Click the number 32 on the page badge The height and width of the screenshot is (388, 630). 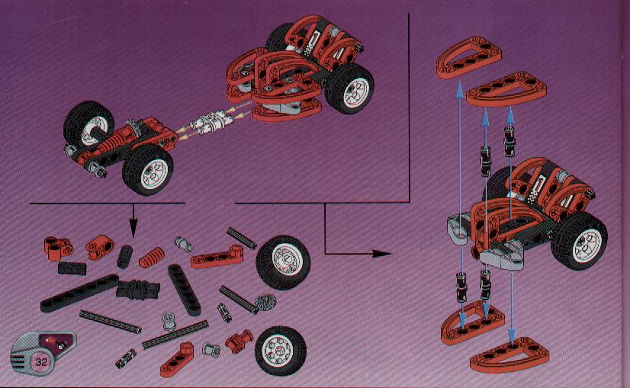[x=41, y=362]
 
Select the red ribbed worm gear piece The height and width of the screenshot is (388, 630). [x=152, y=258]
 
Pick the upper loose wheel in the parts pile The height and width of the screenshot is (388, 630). [x=284, y=261]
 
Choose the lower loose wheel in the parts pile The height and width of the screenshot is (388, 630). [x=280, y=350]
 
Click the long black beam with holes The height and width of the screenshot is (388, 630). [x=79, y=293]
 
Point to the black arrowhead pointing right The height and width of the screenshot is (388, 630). [x=381, y=253]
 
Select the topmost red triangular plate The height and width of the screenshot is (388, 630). [x=468, y=57]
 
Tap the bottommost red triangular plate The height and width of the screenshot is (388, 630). [x=509, y=354]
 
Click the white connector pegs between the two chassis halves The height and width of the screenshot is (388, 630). [x=211, y=122]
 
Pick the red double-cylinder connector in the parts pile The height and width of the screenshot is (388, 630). [x=58, y=249]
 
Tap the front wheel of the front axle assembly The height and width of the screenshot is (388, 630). [x=147, y=170]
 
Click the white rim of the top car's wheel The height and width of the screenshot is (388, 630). [x=355, y=93]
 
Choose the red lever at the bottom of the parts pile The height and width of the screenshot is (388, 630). [x=177, y=360]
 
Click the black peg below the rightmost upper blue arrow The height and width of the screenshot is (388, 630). [x=509, y=143]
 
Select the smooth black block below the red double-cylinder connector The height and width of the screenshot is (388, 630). [x=72, y=268]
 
